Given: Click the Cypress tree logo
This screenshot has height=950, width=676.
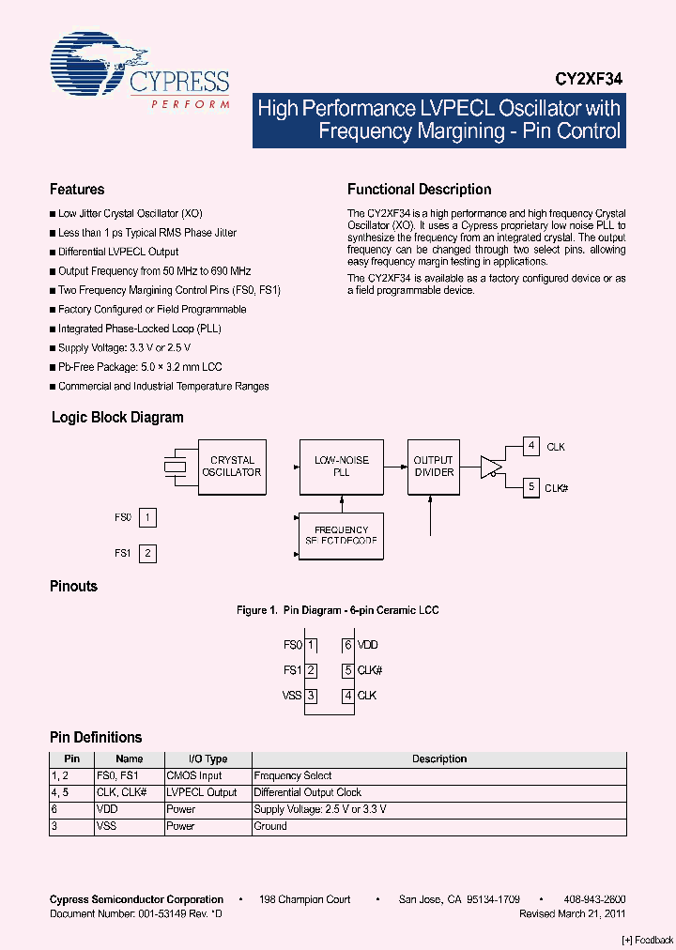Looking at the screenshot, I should (90, 67).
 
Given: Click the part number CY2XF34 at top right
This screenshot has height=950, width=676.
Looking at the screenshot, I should (588, 81).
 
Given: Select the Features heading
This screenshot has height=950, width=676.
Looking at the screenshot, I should (77, 190).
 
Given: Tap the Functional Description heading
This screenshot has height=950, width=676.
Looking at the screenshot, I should (419, 190).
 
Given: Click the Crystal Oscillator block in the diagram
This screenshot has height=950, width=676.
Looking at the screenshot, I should (232, 467).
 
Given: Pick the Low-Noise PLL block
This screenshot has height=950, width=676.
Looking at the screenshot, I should (341, 467).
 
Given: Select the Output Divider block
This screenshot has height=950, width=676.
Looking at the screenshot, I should (433, 467).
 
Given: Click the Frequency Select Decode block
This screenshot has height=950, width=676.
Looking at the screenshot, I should (341, 536).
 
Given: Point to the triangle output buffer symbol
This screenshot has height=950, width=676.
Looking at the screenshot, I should (491, 467).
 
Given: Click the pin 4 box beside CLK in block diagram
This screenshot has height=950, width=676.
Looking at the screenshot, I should (531, 447).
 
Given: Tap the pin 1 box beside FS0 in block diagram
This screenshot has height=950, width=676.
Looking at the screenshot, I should (147, 517).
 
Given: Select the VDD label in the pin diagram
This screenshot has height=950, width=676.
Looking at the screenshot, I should (368, 645).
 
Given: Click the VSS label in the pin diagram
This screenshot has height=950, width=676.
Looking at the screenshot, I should (291, 696).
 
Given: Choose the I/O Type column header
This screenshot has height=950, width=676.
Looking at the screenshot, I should (207, 758).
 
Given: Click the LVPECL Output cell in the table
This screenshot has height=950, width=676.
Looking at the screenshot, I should (202, 792).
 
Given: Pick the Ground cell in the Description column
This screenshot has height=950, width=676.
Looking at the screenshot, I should (270, 826).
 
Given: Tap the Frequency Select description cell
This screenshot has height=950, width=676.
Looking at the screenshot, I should (293, 775).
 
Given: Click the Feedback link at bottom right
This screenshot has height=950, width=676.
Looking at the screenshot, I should (648, 940).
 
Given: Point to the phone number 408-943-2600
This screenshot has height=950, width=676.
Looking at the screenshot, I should (595, 899).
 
